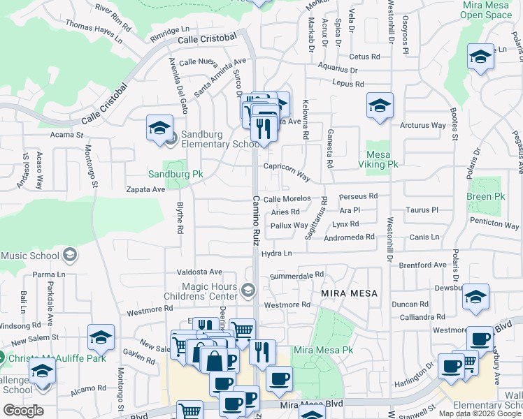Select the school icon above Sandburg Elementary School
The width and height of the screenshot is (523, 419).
[159, 128]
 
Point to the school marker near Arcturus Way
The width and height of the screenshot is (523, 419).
[380, 106]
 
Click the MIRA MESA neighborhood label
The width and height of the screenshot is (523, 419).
[349, 293]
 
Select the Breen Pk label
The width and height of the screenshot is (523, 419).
[485, 197]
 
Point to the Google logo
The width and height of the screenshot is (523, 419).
[23, 411]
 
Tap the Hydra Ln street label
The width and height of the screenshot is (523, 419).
[275, 254]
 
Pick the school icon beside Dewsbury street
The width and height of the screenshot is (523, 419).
[475, 298]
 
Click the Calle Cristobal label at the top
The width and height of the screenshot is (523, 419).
[203, 40]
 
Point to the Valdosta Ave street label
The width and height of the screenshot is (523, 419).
[199, 272]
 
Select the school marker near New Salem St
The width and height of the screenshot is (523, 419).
[101, 337]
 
